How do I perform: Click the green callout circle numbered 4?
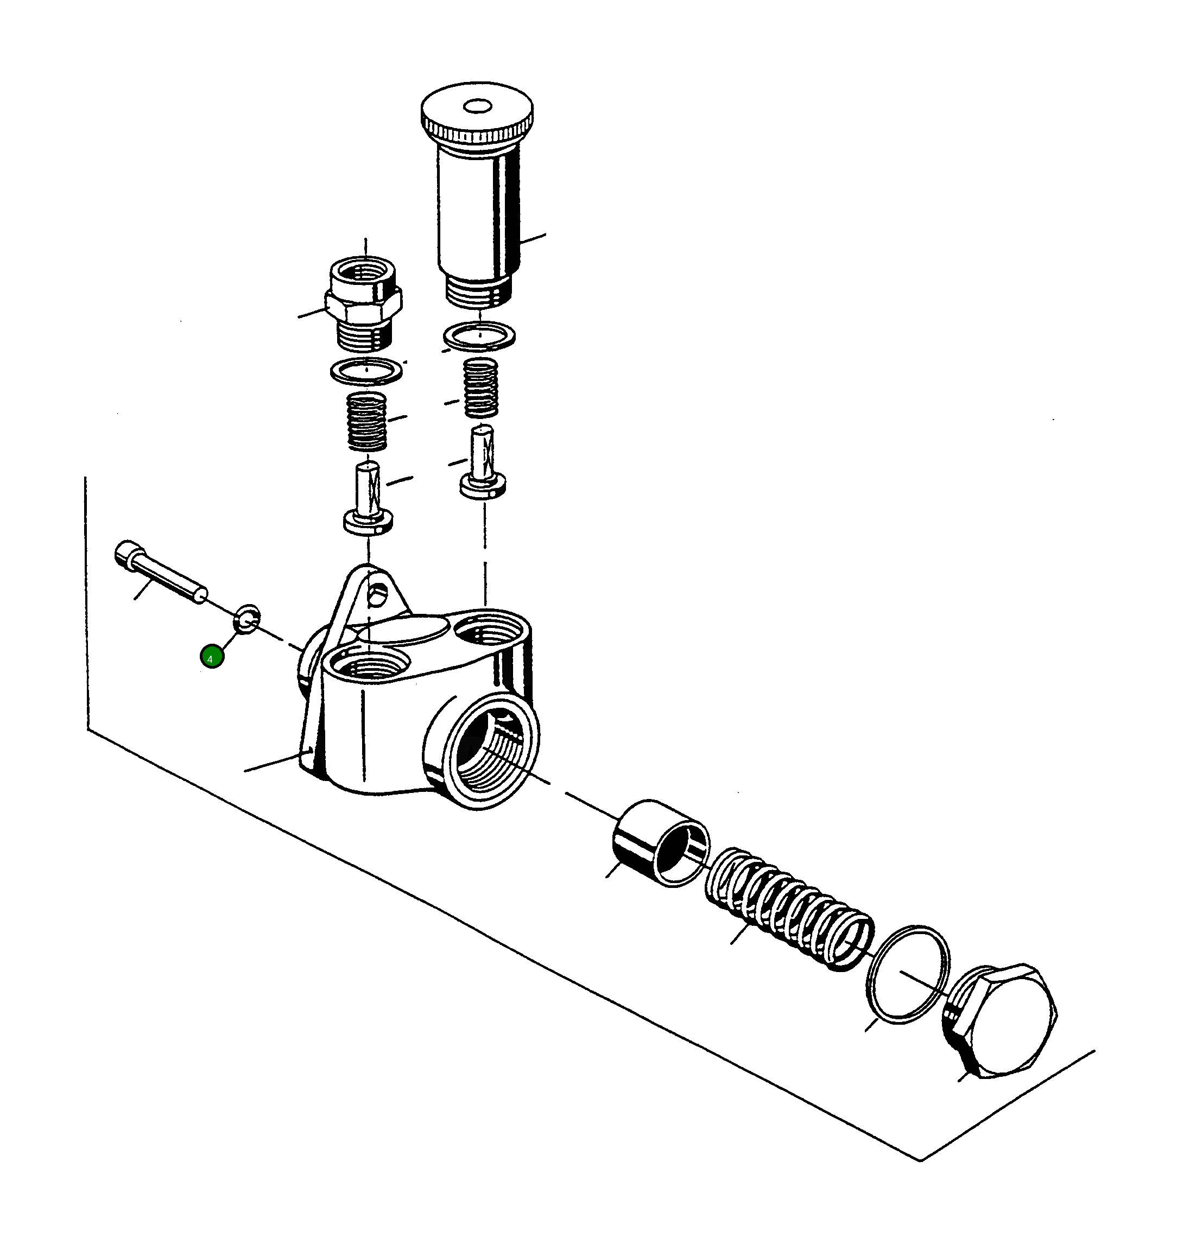[x=211, y=657]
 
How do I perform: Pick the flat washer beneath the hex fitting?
[x=366, y=371]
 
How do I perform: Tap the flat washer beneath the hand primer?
[x=479, y=335]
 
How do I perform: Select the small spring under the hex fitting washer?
[x=367, y=421]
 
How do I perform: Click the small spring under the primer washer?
[x=480, y=387]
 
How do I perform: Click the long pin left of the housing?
[x=161, y=572]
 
